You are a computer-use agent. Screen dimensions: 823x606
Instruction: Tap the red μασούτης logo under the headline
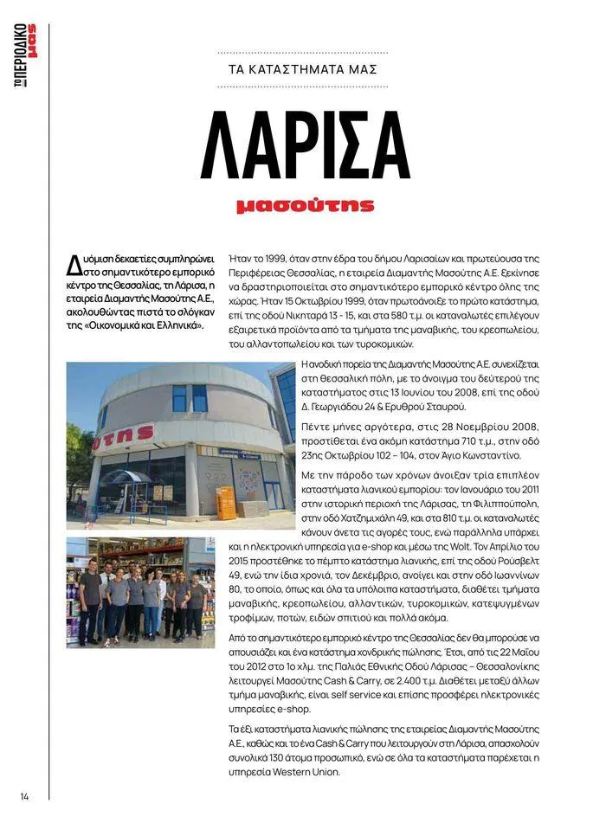pos(305,206)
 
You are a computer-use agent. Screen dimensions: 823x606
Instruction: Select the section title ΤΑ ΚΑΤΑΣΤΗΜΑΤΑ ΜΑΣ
pos(303,69)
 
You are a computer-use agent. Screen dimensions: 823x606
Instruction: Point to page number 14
pos(24,796)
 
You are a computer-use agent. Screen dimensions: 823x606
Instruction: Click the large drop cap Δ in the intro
pos(74,262)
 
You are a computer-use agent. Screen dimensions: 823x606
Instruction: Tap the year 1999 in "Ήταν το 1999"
pos(276,259)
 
